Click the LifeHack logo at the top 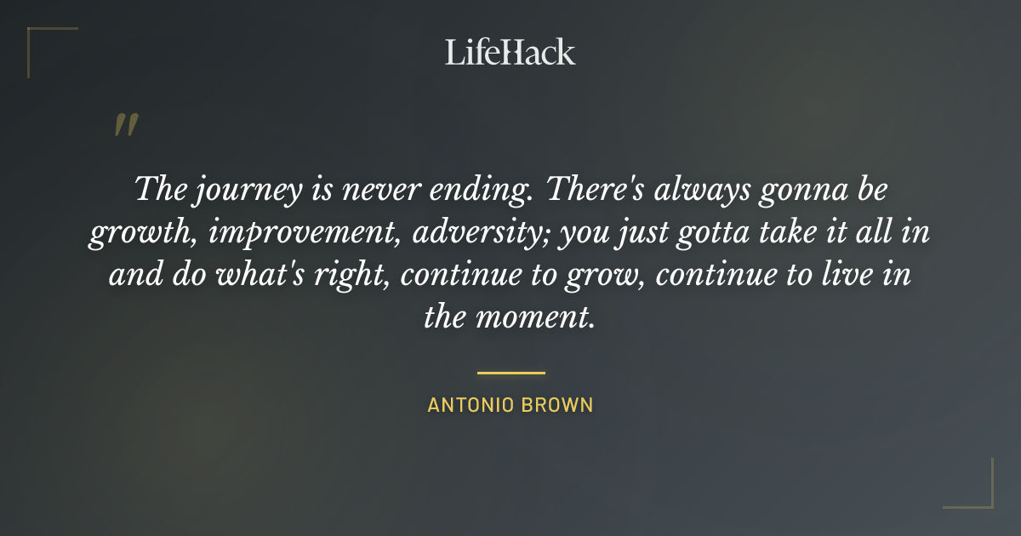tap(510, 52)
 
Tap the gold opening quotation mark tap(125, 125)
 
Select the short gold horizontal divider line tap(510, 373)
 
